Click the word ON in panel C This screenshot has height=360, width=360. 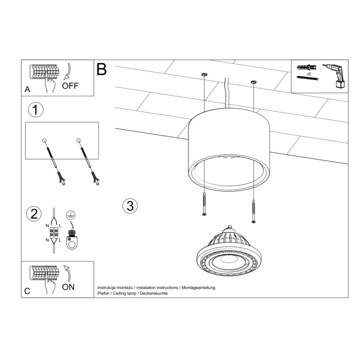[x=69, y=287]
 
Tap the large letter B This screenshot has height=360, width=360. [x=102, y=69]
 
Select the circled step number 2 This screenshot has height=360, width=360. [x=34, y=213]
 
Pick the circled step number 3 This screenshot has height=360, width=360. [x=130, y=206]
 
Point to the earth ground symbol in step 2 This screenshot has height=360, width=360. [x=69, y=215]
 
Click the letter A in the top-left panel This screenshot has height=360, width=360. [x=27, y=89]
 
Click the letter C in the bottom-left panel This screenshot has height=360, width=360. [x=27, y=291]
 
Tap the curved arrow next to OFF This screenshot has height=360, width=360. [x=69, y=71]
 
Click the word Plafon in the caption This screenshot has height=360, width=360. [x=105, y=294]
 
